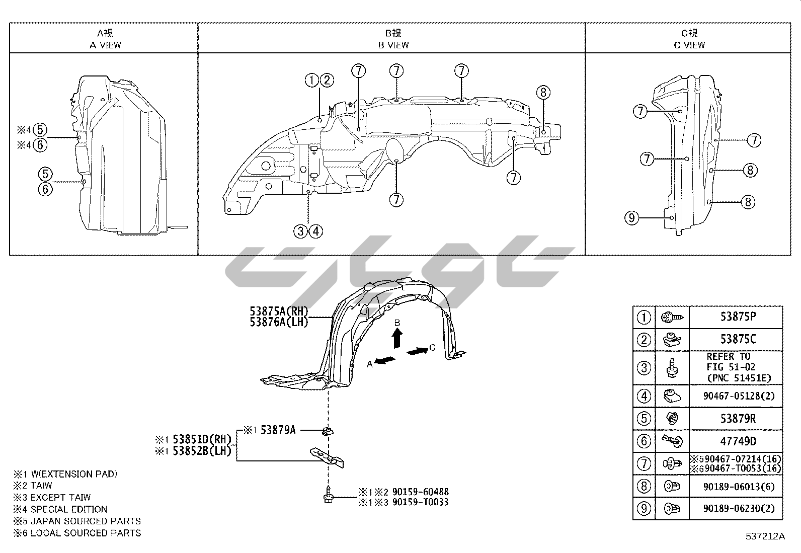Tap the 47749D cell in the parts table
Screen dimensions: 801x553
tap(738, 441)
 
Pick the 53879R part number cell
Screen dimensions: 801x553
tap(738, 419)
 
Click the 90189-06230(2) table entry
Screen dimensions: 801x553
tap(739, 509)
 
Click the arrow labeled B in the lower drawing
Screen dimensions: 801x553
tap(397, 338)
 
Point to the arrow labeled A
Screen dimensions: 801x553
tap(385, 361)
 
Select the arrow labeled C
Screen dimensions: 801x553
tap(417, 351)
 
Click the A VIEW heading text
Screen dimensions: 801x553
tap(106, 45)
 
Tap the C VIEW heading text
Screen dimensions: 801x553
tap(689, 45)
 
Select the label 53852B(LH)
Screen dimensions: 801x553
tap(202, 451)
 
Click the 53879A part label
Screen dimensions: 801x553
tap(278, 430)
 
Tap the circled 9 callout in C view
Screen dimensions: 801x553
tap(631, 218)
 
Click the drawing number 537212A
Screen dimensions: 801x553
tap(765, 536)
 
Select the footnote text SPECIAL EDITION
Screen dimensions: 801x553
tap(69, 509)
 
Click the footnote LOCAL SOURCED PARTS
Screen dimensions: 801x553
tap(86, 533)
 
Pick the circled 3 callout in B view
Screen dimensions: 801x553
tap(300, 231)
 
